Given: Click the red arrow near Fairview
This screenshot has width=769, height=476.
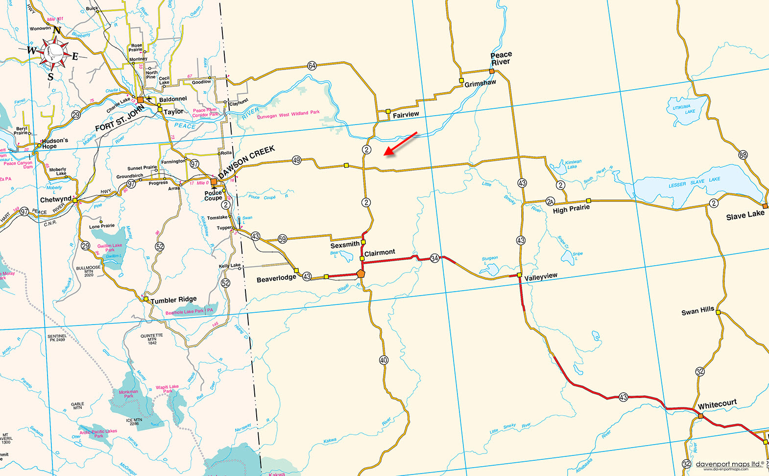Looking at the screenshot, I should pyautogui.click(x=401, y=144).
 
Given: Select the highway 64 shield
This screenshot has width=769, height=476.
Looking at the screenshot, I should pyautogui.click(x=312, y=66).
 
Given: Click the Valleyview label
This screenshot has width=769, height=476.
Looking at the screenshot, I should pyautogui.click(x=541, y=277).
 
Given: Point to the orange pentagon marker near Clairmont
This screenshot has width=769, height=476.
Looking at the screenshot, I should pyautogui.click(x=361, y=273).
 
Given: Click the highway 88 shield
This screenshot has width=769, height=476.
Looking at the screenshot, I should pyautogui.click(x=743, y=155).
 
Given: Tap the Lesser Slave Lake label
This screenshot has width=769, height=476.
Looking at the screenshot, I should pyautogui.click(x=694, y=182).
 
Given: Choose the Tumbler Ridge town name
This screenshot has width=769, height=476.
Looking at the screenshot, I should pyautogui.click(x=173, y=300).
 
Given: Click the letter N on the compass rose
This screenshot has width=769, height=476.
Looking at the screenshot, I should pyautogui.click(x=57, y=30).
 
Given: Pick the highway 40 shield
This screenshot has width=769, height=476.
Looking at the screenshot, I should pyautogui.click(x=384, y=360).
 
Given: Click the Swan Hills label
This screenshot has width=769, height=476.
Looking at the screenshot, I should pyautogui.click(x=697, y=311).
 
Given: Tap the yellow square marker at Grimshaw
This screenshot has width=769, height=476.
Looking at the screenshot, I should pyautogui.click(x=461, y=80).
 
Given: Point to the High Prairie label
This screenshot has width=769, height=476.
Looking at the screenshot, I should pyautogui.click(x=571, y=209).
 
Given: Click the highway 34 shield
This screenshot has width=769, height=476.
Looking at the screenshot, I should pyautogui.click(x=434, y=258).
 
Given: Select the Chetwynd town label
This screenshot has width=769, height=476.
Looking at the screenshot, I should pyautogui.click(x=55, y=200).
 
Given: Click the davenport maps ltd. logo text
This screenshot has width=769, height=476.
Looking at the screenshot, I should pyautogui.click(x=729, y=464).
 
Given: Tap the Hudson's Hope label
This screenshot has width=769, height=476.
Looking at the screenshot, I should pyautogui.click(x=54, y=143).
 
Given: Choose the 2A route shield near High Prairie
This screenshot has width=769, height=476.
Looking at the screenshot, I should pyautogui.click(x=550, y=201).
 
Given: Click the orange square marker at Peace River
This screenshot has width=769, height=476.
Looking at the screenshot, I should pyautogui.click(x=492, y=71).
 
